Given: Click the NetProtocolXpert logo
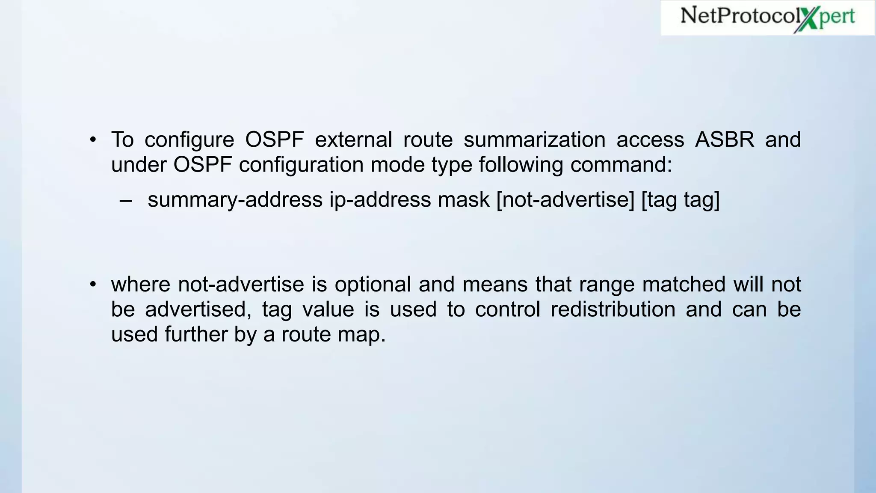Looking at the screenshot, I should coord(767,18).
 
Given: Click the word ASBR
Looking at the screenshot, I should coord(725,140).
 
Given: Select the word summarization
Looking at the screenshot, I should coord(534,140).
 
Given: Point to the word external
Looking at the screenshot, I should coord(353,140).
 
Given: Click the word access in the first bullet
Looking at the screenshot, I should coord(650,140).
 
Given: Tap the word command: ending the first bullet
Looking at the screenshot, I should coord(621,165).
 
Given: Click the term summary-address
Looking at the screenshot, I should coord(235,200).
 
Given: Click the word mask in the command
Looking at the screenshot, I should coord(463,200).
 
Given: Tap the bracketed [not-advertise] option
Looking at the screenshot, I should coord(565,200).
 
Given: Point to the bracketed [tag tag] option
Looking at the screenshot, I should coord(681,200).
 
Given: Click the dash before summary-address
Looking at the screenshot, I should coord(126,200).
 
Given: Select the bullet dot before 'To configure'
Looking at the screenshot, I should coord(93,140).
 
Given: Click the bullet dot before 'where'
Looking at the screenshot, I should coord(93,284).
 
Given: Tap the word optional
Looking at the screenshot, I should coord(373,284).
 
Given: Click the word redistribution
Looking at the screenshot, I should coord(613,309).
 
